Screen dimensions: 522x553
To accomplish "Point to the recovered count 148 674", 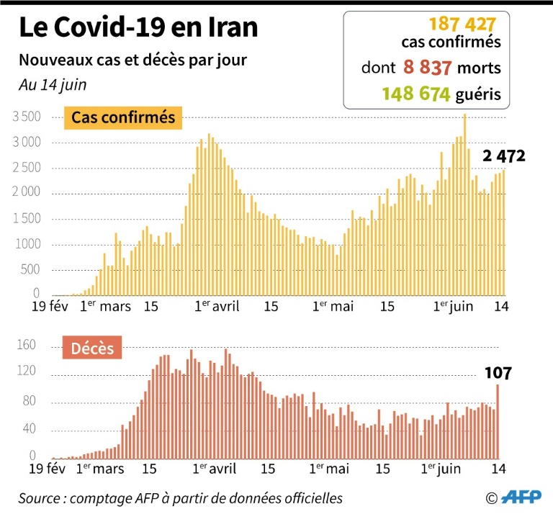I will coord(416,94).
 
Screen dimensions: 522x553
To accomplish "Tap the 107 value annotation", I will coord(497,373).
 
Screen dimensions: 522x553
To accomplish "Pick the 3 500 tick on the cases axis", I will coord(25,117).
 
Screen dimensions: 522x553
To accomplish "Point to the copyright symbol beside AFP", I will coord(492,498).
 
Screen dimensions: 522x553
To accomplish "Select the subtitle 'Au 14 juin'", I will coord(52,84).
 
